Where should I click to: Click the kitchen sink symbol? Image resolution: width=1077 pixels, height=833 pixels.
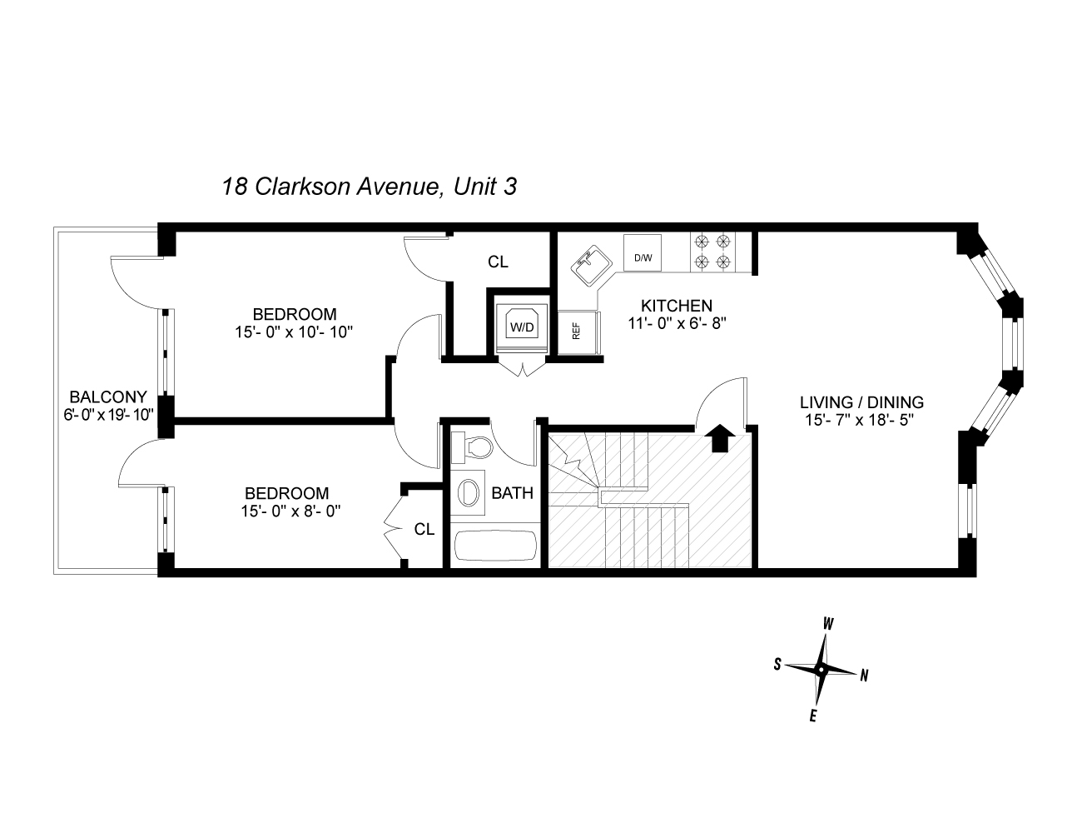(588, 263)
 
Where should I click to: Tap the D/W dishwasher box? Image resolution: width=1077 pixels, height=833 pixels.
(643, 257)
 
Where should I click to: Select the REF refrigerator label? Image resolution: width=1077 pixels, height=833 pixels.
(574, 331)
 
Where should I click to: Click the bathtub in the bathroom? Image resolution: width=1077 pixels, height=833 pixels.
(496, 546)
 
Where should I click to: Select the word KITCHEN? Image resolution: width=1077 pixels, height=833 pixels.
(676, 306)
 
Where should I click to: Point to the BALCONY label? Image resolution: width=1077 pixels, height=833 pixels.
(108, 397)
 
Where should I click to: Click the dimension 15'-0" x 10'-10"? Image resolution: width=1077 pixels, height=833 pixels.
(295, 332)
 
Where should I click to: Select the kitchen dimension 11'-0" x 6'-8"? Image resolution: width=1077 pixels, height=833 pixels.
(677, 323)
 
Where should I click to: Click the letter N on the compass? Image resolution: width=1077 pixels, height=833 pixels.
(864, 676)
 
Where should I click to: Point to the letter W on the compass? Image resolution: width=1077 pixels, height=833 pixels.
(828, 624)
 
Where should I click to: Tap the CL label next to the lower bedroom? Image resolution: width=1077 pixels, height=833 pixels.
(424, 529)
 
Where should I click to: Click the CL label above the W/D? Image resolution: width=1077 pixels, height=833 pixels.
(498, 262)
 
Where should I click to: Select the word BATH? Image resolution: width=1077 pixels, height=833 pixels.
(512, 493)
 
